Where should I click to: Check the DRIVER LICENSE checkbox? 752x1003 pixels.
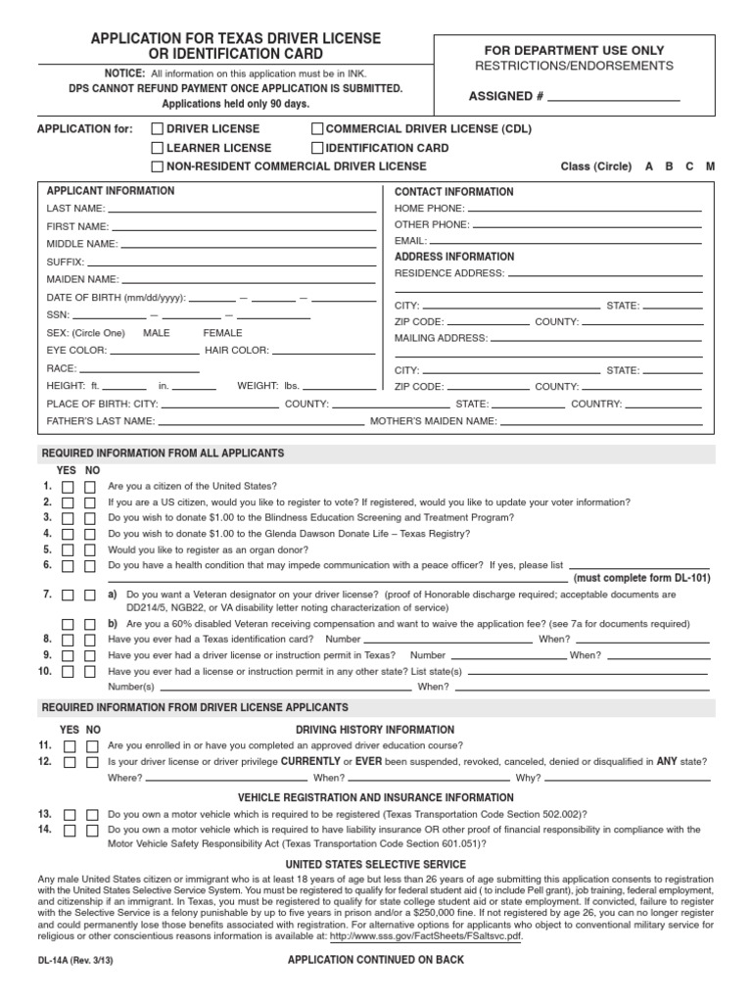click(x=157, y=128)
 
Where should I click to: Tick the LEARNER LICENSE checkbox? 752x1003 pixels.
click(x=157, y=148)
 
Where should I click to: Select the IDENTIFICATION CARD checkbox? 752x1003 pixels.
click(x=317, y=148)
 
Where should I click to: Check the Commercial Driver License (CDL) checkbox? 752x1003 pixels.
click(x=317, y=128)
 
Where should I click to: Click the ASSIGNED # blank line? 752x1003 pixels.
click(x=614, y=99)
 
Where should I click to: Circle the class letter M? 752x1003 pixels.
click(x=710, y=167)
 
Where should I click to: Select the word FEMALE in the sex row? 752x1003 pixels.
click(x=222, y=333)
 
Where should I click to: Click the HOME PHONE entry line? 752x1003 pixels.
click(x=585, y=210)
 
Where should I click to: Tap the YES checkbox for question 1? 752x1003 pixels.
click(x=68, y=487)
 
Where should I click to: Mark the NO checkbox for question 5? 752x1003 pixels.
click(x=90, y=550)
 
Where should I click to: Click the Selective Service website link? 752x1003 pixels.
click(x=426, y=935)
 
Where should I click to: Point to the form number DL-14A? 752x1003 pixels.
click(x=56, y=961)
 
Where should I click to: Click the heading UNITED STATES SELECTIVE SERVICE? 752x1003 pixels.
click(x=375, y=864)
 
